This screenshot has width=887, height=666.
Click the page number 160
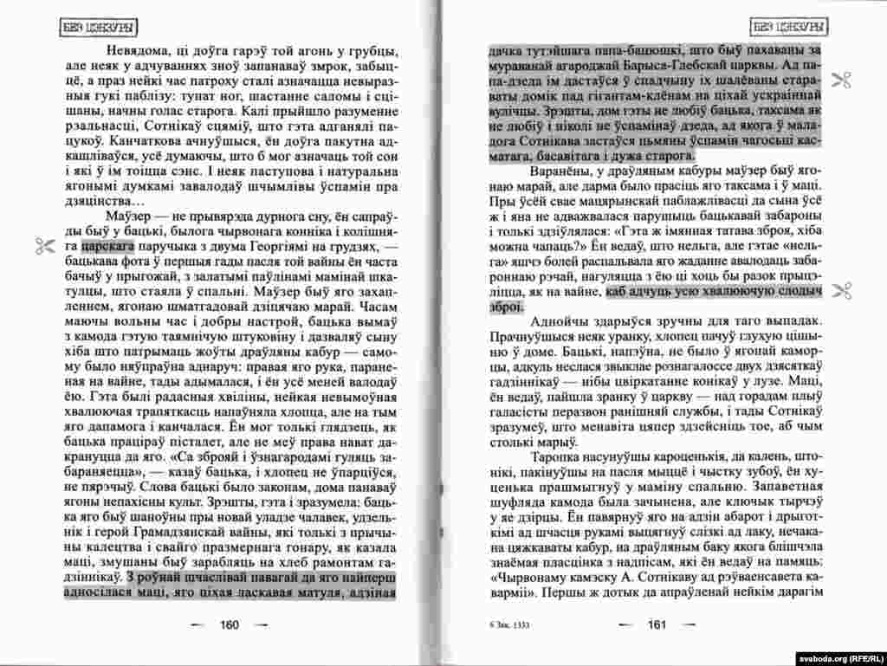point(230,624)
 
